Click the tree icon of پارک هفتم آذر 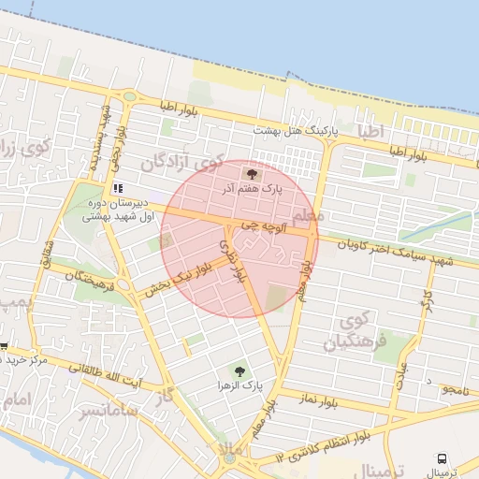[251, 174]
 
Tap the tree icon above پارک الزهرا [240, 370]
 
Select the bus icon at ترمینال [442, 458]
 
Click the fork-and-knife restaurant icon [118, 187]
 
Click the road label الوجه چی [258, 225]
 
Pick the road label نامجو [460, 386]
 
